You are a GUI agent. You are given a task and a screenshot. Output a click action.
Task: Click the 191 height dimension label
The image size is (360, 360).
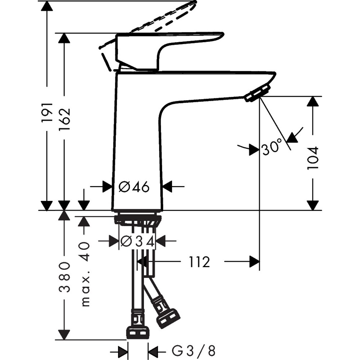tap(47, 112)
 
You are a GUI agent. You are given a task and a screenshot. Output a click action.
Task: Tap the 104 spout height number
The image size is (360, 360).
tap(313, 158)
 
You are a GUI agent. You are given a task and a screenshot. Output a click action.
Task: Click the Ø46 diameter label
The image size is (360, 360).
tap(134, 187)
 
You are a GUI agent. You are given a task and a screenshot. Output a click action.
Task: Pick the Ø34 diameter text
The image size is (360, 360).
tap(137, 242)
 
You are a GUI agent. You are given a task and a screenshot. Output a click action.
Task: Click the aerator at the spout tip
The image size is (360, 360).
tap(257, 93)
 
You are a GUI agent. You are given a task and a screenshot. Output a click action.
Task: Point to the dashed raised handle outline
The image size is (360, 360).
tap(158, 20)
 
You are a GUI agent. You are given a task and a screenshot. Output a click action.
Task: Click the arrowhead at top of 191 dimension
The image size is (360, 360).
tap(47, 6)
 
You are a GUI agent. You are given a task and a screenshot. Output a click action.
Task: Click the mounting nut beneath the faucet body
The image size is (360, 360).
tap(137, 219)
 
